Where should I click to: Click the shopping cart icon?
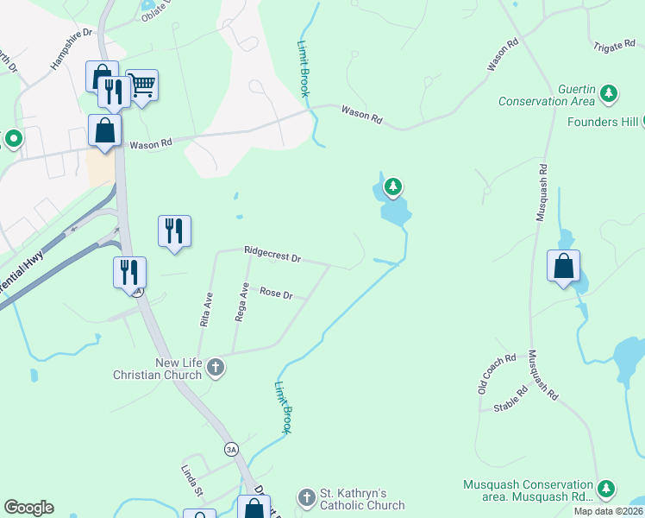click(x=142, y=85)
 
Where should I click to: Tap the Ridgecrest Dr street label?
click(x=272, y=256)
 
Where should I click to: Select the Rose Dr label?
click(x=276, y=294)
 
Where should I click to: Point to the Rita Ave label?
click(x=208, y=307)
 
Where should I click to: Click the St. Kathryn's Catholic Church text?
click(x=362, y=499)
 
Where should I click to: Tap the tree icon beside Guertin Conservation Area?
click(x=610, y=92)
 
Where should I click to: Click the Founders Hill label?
click(x=603, y=122)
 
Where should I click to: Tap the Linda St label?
click(x=191, y=481)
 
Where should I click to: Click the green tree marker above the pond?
click(x=393, y=186)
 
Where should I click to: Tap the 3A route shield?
click(x=230, y=449)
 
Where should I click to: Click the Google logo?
click(x=28, y=508)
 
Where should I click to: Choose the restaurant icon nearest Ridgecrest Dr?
click(x=174, y=231)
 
